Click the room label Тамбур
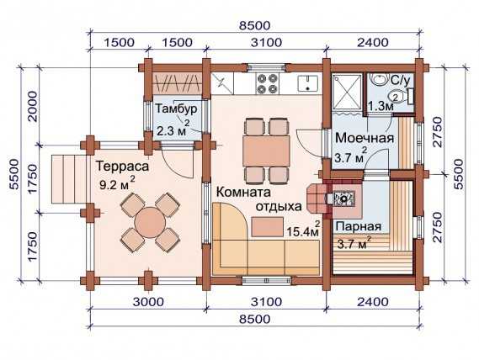176,109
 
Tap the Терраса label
123,166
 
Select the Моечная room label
365,138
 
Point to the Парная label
359,226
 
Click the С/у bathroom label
401,80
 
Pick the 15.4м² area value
303,230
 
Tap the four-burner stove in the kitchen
268,83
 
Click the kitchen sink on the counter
307,83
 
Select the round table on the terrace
150,222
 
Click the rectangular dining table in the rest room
266,151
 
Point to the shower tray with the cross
348,91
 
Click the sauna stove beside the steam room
344,199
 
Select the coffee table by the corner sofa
268,227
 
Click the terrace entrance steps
68,179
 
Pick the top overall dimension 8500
255,25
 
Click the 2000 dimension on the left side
32,107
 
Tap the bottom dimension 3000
148,302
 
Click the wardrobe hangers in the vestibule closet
177,83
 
